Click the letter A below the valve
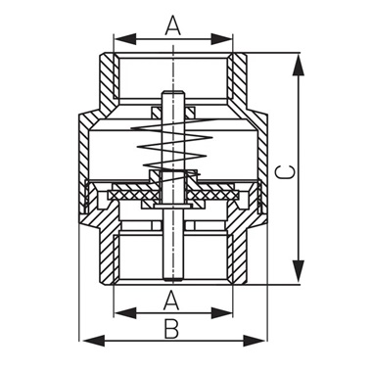(x=172, y=297)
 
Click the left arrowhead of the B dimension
(x=83, y=341)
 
